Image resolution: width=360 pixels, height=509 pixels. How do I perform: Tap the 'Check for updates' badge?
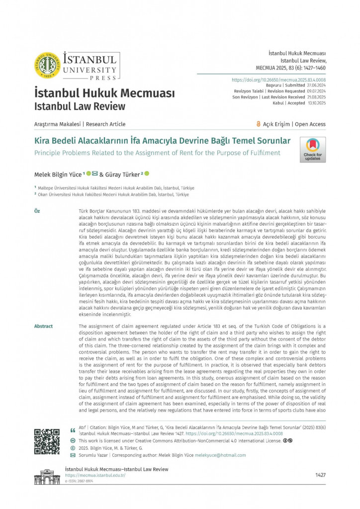coord(312,150)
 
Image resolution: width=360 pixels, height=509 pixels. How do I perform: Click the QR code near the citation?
coord(47,441)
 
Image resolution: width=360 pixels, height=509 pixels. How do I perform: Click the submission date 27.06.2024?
coord(316,85)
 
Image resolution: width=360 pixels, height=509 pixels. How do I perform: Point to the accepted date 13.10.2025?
coord(316,103)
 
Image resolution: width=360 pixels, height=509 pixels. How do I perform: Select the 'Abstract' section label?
coord(43,326)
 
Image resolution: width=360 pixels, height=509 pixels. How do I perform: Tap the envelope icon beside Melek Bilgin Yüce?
coord(95,173)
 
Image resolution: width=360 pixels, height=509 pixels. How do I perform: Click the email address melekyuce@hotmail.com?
coord(220,455)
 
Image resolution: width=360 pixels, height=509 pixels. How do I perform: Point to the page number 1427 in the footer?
coord(320,475)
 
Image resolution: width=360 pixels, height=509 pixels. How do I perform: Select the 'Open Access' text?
coord(310,124)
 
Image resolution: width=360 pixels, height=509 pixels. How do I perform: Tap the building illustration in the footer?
coord(47,477)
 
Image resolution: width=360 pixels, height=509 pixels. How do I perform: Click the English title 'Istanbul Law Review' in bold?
coord(80,106)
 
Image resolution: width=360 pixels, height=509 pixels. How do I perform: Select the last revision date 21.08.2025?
coord(316,97)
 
